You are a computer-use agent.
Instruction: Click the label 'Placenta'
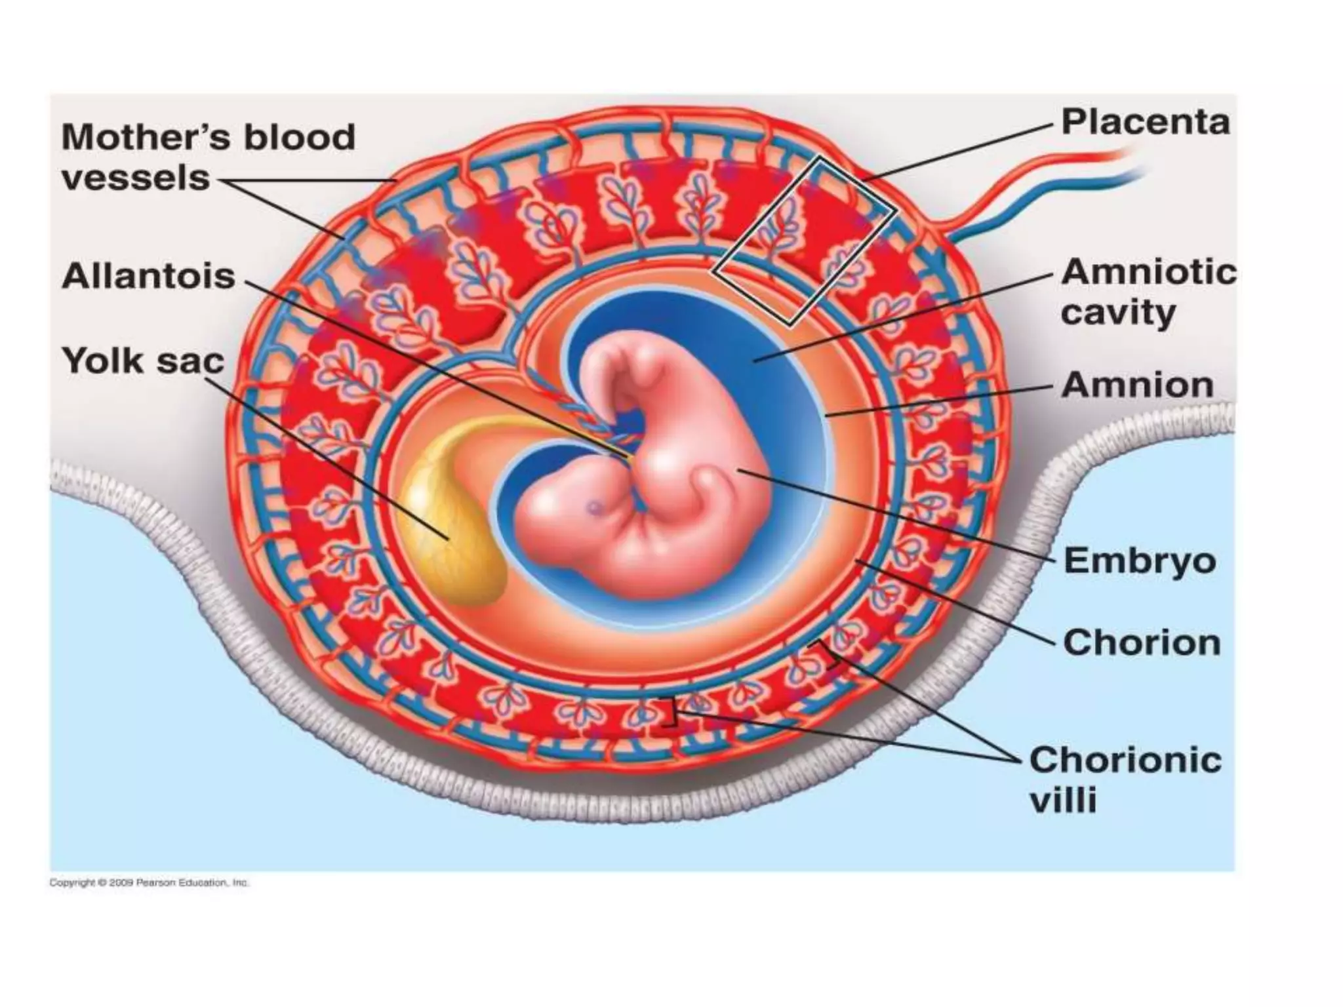1145,123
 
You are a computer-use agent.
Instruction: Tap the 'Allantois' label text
148,277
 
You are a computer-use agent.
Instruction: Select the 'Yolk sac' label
143,361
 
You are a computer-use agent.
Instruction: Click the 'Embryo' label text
1140,561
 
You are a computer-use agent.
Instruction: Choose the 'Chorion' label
1142,643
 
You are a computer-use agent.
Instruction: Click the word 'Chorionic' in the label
1125,760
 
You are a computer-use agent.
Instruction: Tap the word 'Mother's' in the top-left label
146,138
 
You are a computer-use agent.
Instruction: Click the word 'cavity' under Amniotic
1117,313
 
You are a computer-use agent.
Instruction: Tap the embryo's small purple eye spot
595,506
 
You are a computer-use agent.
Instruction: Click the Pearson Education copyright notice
150,883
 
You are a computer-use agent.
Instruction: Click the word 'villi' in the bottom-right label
1063,801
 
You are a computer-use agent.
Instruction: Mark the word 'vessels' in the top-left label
136,178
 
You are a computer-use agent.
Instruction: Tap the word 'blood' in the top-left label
300,138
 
